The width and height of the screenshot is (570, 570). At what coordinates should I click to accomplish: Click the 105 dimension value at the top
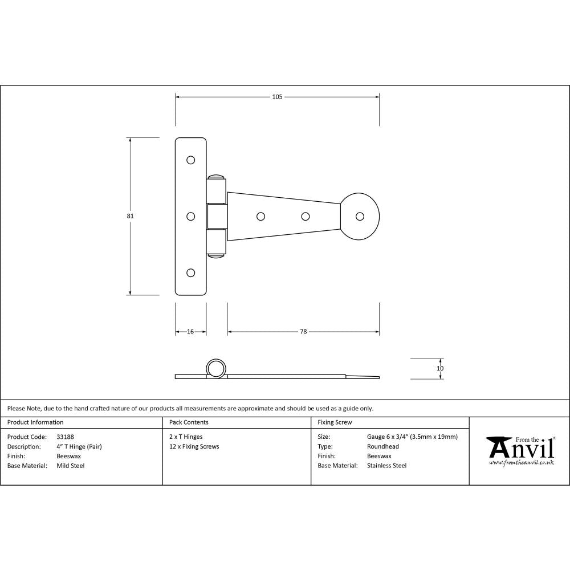[277, 97]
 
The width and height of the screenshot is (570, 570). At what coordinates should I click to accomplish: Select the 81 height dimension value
[131, 216]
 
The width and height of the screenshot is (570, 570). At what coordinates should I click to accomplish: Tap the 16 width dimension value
[190, 331]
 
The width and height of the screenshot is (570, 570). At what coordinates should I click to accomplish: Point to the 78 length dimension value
[303, 331]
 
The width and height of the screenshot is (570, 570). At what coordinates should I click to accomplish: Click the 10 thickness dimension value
[440, 368]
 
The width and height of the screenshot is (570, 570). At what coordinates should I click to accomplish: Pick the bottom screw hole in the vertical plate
[191, 272]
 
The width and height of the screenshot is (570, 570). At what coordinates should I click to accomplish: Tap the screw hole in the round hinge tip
[360, 216]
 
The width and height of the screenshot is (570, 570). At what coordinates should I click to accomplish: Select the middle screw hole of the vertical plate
[191, 216]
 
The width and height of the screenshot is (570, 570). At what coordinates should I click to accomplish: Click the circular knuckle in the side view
[215, 368]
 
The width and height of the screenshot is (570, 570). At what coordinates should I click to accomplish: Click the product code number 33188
[66, 437]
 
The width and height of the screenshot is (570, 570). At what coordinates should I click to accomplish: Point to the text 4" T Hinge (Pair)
[79, 446]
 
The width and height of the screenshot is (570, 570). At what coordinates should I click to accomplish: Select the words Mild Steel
[71, 466]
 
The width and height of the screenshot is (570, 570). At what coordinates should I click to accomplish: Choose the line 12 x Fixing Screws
[194, 446]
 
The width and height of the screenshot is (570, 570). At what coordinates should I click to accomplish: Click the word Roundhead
[383, 446]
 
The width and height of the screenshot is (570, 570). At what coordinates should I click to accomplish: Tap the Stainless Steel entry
[387, 466]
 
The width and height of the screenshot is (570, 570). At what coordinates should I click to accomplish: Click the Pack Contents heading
[189, 422]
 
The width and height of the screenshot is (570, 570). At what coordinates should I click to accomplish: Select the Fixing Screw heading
[335, 422]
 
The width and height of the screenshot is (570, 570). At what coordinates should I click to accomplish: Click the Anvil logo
[520, 448]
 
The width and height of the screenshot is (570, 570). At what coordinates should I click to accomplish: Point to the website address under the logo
[522, 463]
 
